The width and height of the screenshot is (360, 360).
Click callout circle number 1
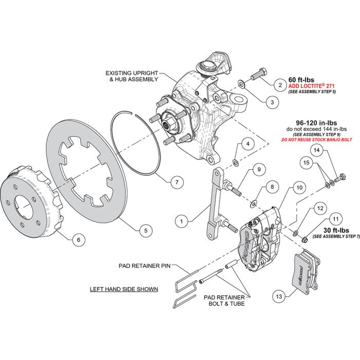point(181,222)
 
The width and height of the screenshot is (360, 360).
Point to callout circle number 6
point(78,239)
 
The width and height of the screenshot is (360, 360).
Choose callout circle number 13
point(279,297)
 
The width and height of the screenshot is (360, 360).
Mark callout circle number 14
point(317,151)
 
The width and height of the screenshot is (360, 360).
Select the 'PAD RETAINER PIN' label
point(147,266)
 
